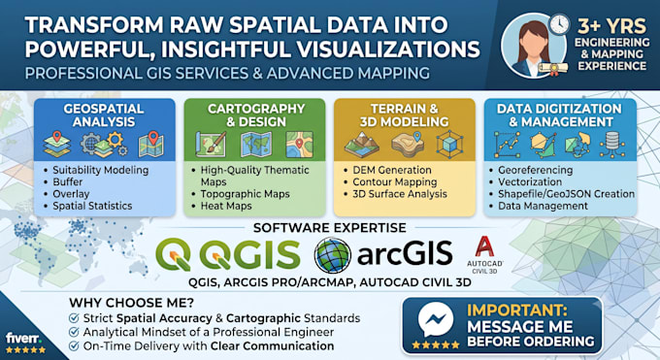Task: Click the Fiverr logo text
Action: [23, 338]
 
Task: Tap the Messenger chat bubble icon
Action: [435, 319]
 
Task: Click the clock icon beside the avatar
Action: [559, 25]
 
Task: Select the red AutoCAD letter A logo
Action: [484, 246]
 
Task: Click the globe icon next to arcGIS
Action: [333, 255]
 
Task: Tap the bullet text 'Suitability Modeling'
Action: [101, 170]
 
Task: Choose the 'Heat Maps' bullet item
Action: [226, 206]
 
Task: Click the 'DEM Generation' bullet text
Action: [392, 170]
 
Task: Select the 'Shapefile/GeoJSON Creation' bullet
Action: [566, 194]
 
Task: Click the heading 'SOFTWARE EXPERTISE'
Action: [330, 228]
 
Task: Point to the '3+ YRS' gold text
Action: [611, 26]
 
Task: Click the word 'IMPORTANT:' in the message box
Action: [517, 311]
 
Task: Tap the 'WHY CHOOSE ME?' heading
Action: [131, 303]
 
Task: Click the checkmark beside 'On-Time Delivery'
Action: [74, 346]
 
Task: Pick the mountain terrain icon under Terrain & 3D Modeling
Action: [362, 145]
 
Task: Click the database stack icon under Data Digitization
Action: [611, 145]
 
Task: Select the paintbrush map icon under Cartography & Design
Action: [211, 145]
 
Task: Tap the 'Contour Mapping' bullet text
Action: [395, 182]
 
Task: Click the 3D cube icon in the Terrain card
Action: [449, 145]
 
